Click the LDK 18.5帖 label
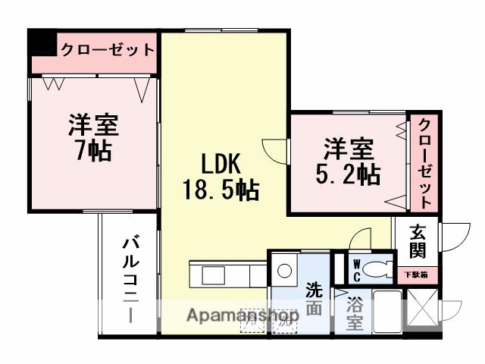pos(221,176)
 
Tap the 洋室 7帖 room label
pos(93,137)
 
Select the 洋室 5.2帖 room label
pos(348,161)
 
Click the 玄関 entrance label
pos(418,240)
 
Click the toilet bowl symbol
pos(376,268)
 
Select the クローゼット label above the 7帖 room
pos(106,50)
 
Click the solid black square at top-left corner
pos(42,42)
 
